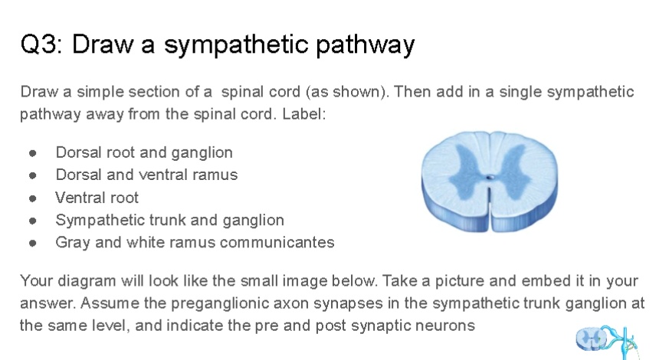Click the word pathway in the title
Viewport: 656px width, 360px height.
[366, 46]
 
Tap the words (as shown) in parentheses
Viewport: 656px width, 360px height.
[343, 92]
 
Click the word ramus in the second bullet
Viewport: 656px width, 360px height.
[218, 175]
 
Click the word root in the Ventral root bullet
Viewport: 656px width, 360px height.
[123, 198]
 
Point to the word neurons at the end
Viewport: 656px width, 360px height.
[448, 325]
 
